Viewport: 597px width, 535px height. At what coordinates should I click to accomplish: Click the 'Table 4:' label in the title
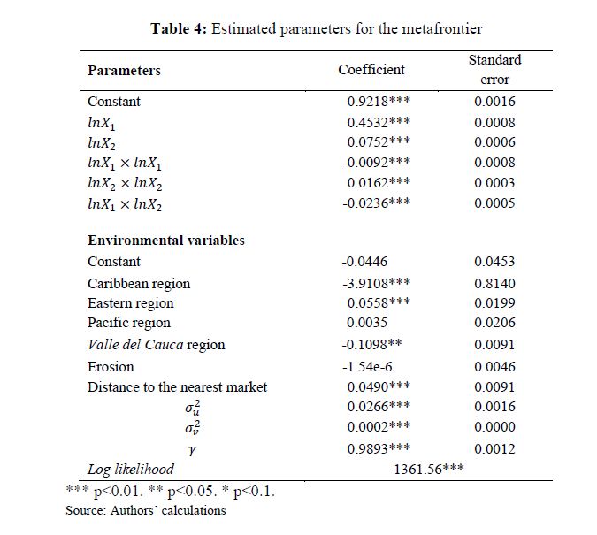click(x=179, y=28)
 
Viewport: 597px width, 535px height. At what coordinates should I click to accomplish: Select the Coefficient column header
click(x=371, y=69)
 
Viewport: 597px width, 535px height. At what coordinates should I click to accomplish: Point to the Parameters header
click(x=124, y=70)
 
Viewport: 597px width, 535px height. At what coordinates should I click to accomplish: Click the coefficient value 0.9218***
click(x=379, y=102)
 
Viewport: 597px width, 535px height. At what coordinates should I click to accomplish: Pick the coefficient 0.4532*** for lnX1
click(x=379, y=123)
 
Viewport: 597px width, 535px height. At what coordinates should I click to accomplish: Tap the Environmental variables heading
click(x=166, y=240)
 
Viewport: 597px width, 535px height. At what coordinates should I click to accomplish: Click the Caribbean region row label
click(x=139, y=284)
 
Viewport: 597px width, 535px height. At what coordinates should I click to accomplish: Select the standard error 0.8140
click(x=494, y=284)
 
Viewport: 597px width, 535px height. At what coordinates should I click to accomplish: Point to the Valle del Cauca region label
click(x=157, y=345)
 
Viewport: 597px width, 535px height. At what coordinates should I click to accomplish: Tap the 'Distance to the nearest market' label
click(x=177, y=386)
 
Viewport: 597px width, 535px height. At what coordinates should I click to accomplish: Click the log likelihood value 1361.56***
click(x=429, y=470)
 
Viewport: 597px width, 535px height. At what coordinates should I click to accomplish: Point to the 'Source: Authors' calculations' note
click(x=146, y=510)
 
